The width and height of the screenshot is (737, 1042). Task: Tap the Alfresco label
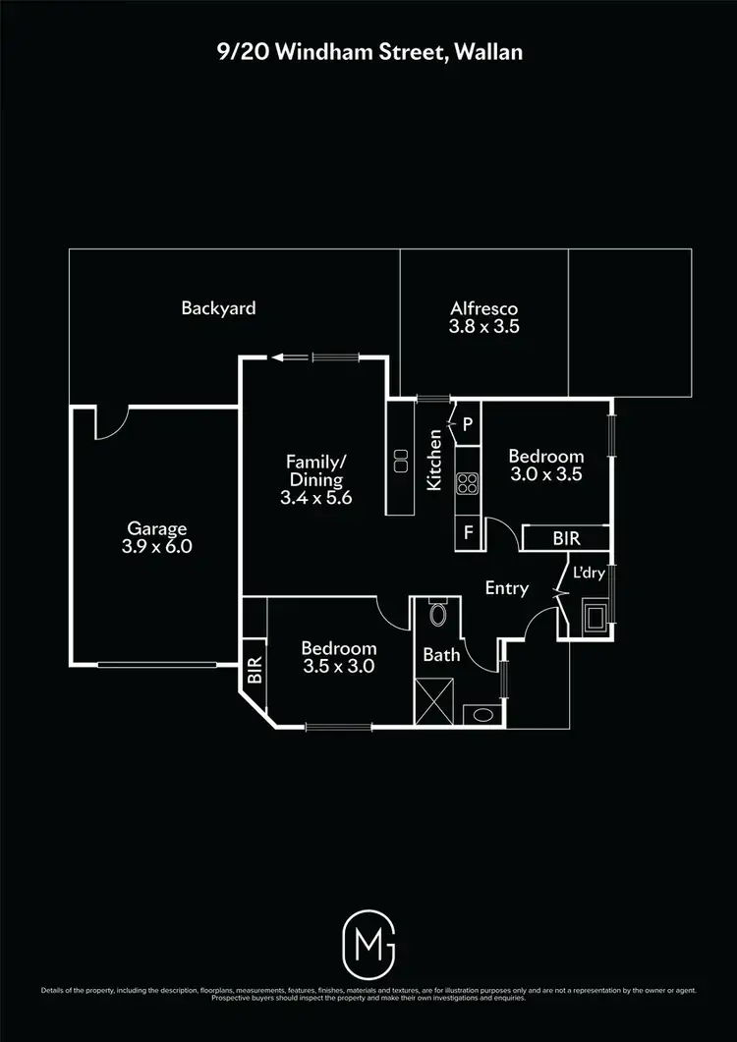[483, 307]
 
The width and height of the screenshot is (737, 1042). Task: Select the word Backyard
[218, 307]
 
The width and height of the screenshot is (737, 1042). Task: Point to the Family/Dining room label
[315, 470]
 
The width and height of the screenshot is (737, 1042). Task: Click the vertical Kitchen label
[433, 460]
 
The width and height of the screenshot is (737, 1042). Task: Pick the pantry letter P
[468, 424]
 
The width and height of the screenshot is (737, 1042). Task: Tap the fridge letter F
[469, 535]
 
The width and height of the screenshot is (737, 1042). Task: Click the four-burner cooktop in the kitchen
[468, 482]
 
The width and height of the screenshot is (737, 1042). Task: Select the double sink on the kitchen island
[401, 461]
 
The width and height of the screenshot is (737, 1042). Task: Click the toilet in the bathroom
[439, 616]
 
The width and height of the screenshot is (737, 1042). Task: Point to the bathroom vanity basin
[482, 714]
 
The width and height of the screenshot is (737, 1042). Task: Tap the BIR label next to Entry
[564, 539]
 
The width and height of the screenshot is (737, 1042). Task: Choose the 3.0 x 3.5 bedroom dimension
[545, 473]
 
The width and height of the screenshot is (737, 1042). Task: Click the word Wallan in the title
[488, 52]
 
